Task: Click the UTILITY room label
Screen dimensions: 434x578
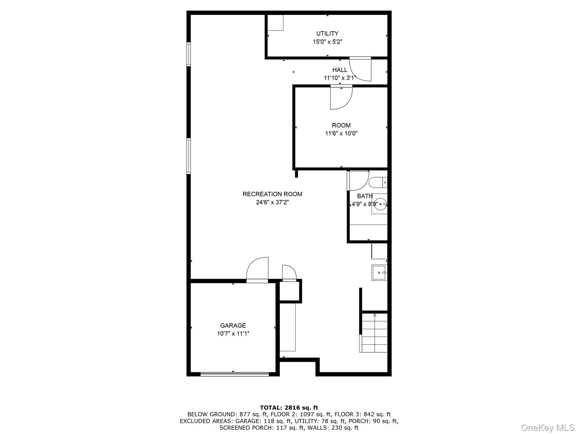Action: tap(327, 33)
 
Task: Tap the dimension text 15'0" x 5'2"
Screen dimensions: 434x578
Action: tap(327, 42)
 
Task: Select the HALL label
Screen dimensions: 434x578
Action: tap(340, 70)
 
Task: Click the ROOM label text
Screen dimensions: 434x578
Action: tap(341, 125)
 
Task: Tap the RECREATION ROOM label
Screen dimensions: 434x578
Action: tap(272, 194)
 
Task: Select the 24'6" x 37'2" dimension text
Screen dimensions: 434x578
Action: tap(272, 202)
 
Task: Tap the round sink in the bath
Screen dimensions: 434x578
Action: tap(380, 204)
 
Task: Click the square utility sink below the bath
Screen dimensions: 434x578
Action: tap(379, 273)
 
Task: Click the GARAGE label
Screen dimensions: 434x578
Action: tap(233, 325)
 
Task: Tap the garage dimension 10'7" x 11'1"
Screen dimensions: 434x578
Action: tap(233, 334)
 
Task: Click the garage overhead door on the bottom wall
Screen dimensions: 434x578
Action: tap(234, 374)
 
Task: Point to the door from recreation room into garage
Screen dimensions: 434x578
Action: tap(257, 270)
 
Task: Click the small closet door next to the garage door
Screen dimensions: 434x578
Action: tap(289, 273)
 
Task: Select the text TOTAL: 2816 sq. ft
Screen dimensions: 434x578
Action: tap(289, 407)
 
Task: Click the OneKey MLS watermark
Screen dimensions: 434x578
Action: tap(548, 427)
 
